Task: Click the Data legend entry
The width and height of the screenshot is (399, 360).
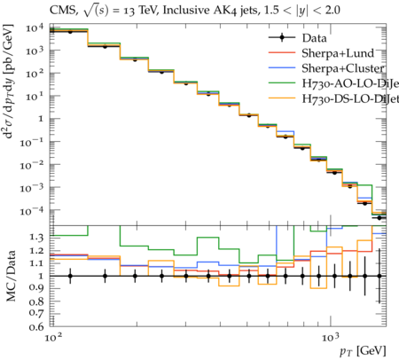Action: pos(298,38)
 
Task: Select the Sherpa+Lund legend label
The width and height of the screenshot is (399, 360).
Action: pos(338,53)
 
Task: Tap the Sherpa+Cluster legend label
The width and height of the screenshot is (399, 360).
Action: pos(343,68)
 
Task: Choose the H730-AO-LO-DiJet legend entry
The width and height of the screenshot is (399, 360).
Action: pos(333,83)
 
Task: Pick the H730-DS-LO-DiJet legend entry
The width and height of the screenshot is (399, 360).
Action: pos(333,98)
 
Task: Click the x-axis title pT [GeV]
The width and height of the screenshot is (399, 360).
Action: pos(363,351)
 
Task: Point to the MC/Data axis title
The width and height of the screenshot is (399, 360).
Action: pos(11,276)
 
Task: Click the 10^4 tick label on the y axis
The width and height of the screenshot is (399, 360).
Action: pos(35,28)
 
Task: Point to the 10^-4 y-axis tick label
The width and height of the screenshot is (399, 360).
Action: pos(32,210)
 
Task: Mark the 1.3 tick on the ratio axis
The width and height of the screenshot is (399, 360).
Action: pos(36,238)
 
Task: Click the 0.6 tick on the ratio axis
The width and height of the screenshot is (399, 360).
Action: pos(36,326)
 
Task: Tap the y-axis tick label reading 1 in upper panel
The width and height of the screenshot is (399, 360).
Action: pos(41,119)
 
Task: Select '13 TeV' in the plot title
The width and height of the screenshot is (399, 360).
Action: pos(137,11)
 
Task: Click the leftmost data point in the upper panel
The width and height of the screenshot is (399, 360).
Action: pos(70,31)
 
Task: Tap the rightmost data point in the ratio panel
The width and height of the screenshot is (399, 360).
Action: pos(379,276)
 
